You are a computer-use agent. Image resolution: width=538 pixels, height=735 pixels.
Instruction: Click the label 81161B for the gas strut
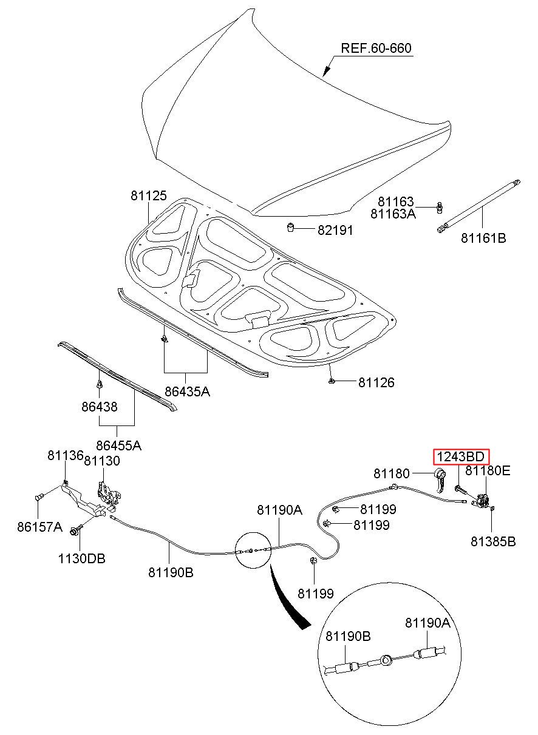coord(483,238)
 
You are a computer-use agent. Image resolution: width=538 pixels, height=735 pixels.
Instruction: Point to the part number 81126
coord(376,382)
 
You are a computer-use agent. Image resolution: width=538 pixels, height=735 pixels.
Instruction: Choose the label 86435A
coord(187,391)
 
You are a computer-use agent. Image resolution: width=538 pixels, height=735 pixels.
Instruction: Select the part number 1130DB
coord(81,558)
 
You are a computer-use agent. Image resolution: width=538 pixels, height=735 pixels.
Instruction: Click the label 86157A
coord(40,527)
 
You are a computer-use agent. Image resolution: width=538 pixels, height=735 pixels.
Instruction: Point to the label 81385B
coord(493,541)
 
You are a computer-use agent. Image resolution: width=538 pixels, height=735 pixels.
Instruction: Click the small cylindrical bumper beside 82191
coord(291,228)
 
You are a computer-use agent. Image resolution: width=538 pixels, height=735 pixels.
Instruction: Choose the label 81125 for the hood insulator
coord(148,196)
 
